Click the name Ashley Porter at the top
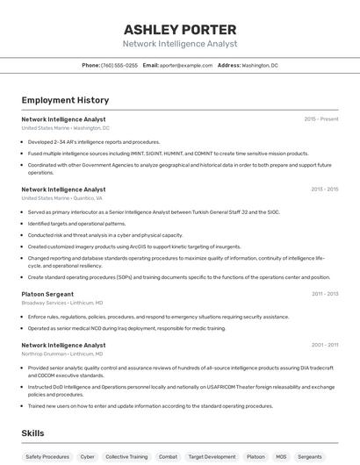[179, 29]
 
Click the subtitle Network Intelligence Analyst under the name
[179, 44]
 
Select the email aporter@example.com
[188, 65]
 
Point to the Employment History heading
[65, 100]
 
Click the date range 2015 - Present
[321, 118]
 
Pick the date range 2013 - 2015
[324, 189]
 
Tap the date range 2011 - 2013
[324, 294]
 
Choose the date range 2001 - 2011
[324, 345]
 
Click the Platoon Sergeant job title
[47, 294]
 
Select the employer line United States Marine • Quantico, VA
[61, 198]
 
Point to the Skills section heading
[33, 433]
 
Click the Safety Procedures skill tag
[47, 457]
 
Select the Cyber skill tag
[88, 457]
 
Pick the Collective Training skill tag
[126, 457]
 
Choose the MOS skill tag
[282, 457]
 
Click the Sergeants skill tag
[310, 457]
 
